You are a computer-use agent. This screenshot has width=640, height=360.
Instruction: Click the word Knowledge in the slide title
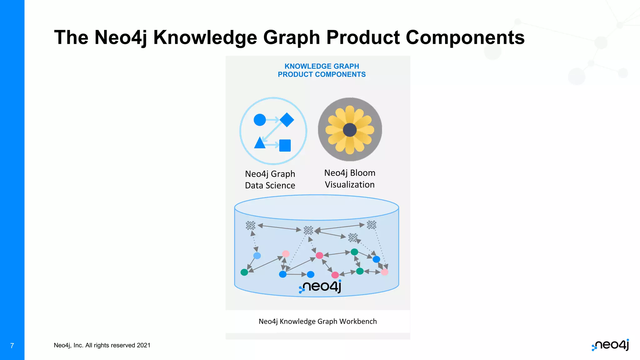(x=205, y=37)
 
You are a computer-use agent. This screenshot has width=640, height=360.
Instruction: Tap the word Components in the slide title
(x=465, y=37)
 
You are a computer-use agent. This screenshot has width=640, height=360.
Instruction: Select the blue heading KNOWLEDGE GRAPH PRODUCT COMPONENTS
(x=322, y=70)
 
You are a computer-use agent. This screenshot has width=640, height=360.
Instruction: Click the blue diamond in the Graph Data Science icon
(x=287, y=120)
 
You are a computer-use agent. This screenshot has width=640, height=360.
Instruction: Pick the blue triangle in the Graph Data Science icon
(x=260, y=143)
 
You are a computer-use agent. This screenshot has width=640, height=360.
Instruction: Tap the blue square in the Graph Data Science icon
(x=285, y=145)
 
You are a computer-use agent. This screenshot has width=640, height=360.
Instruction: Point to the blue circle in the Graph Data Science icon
(x=260, y=120)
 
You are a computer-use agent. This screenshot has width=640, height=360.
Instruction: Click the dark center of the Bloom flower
(x=350, y=130)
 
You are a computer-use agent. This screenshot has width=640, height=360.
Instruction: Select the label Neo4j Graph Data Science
(x=270, y=180)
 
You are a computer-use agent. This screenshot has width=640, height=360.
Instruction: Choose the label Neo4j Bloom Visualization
(x=350, y=179)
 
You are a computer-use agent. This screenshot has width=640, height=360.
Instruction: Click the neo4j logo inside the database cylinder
(x=320, y=286)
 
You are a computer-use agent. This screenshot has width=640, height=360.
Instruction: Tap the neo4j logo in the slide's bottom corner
(x=610, y=345)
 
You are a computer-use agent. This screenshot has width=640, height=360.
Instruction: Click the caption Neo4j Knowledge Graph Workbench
(x=317, y=322)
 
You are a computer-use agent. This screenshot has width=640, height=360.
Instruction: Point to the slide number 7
(x=12, y=346)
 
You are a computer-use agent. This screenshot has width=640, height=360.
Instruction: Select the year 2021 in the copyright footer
(x=143, y=345)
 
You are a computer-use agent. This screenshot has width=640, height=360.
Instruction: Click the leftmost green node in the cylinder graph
(x=244, y=272)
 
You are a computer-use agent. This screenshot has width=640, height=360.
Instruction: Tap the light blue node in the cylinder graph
(x=257, y=256)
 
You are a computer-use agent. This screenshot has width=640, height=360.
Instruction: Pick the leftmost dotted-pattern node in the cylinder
(x=250, y=225)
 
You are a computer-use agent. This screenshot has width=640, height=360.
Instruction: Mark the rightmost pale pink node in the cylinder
(x=385, y=272)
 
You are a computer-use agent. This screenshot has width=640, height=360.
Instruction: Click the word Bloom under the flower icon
(x=362, y=173)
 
